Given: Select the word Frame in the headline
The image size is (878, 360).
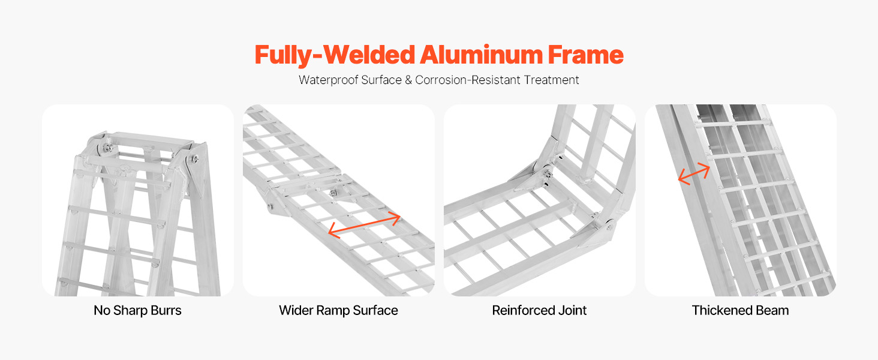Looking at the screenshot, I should point(585,55).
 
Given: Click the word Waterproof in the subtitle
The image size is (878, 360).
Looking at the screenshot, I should point(329,80).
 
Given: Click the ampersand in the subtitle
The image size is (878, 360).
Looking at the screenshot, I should point(408,80).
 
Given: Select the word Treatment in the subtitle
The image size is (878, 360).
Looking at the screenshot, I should point(551,80).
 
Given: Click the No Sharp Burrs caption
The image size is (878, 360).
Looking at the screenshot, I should point(137,311).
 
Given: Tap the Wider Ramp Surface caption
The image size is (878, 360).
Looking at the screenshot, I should point(338,311).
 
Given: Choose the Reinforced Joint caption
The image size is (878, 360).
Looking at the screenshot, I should point(539,311).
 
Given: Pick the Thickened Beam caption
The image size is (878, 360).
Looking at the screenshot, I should point(740,311).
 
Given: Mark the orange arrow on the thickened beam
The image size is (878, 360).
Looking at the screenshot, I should point(694,174).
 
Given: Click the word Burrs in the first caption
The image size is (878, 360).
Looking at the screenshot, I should point(166,311).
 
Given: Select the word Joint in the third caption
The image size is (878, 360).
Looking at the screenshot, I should point(572,311).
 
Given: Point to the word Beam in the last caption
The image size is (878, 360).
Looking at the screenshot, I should point(774,311).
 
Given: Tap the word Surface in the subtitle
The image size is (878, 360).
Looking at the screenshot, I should point(381,80).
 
